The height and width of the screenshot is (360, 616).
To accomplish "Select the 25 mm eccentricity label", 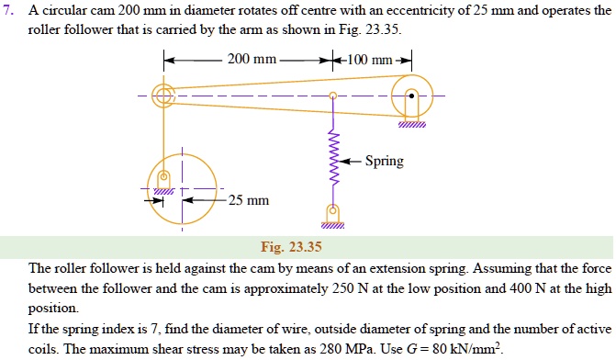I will click(249, 200).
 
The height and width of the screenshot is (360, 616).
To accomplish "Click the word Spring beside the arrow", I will click(384, 161).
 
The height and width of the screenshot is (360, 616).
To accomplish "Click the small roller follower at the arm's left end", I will click(163, 95).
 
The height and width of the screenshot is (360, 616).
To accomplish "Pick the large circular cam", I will click(182, 191).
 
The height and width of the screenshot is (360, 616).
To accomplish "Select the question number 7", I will click(9, 10).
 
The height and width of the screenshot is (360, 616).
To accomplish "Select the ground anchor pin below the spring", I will click(332, 212).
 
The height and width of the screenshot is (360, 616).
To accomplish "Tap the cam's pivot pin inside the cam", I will click(164, 178).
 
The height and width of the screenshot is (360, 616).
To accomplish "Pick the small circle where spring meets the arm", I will click(332, 95).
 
